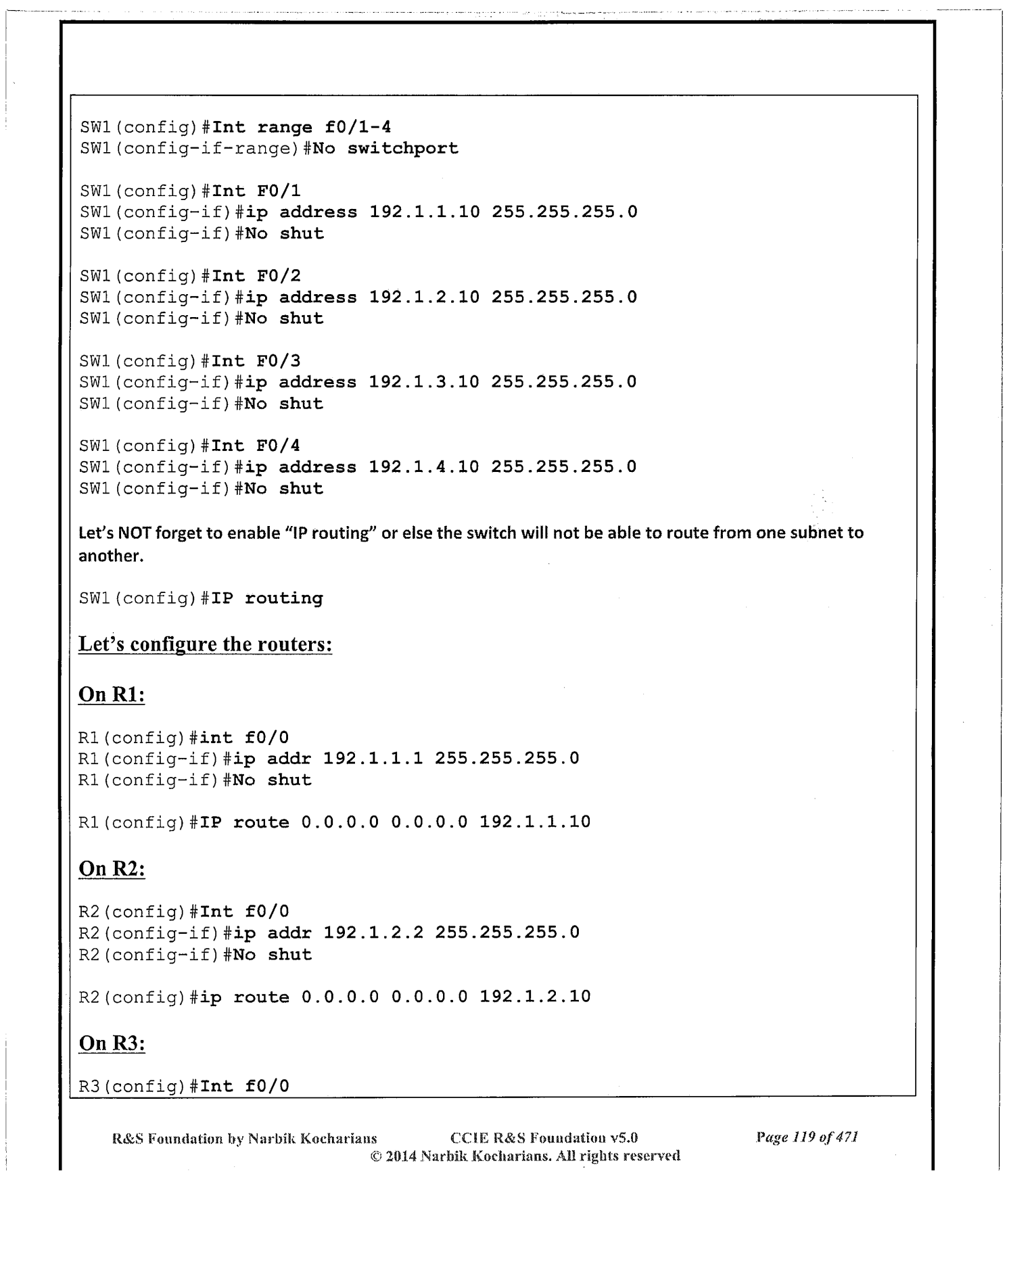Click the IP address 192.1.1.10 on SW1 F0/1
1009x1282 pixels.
(425, 212)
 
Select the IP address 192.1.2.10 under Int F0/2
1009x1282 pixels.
(424, 298)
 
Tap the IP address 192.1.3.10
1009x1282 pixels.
(424, 382)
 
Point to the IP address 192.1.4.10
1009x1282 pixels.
(424, 467)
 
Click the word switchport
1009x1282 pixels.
(402, 149)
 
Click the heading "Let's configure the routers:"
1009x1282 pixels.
(205, 644)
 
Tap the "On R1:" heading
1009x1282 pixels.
(112, 695)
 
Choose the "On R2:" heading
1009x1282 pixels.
(112, 869)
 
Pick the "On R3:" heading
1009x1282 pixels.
(112, 1043)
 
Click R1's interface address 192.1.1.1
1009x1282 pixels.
(373, 759)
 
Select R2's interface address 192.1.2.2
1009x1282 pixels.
(373, 933)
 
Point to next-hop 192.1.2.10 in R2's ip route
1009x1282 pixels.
(535, 997)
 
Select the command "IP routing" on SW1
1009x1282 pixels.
(267, 599)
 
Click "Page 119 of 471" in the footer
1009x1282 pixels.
(807, 1138)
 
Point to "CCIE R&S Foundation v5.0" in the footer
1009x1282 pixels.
(544, 1138)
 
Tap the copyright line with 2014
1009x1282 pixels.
(525, 1156)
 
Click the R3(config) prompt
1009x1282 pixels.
(131, 1087)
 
